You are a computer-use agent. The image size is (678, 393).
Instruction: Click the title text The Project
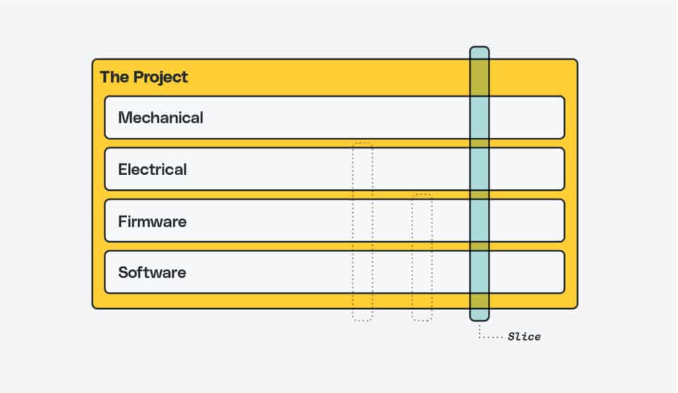tap(144, 77)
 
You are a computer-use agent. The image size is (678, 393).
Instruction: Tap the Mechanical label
tap(160, 118)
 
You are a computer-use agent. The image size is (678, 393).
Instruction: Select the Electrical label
tap(152, 169)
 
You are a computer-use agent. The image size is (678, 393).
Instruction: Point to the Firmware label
tap(152, 221)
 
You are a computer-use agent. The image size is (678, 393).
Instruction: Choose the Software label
tap(152, 272)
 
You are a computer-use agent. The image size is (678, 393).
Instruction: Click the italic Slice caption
tap(524, 337)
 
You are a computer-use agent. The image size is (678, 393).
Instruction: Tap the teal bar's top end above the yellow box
tap(479, 48)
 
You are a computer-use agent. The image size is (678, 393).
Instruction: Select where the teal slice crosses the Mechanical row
tap(479, 118)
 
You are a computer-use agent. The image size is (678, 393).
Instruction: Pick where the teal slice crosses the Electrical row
tap(479, 169)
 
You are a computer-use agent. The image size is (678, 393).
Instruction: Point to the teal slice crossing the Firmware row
tap(479, 221)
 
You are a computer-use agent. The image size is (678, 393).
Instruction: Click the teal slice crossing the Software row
tap(479, 272)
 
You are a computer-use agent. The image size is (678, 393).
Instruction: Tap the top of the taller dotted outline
tap(362, 142)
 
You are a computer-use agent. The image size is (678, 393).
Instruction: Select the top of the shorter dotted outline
tap(422, 194)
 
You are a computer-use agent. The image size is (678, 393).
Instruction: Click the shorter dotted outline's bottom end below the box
tap(422, 320)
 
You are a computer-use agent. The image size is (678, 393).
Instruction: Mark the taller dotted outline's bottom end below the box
tap(362, 320)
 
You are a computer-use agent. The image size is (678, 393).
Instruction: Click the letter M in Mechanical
tap(125, 118)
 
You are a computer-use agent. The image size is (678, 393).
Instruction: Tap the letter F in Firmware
tap(122, 221)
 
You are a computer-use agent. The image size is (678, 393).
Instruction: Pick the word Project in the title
tap(161, 78)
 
